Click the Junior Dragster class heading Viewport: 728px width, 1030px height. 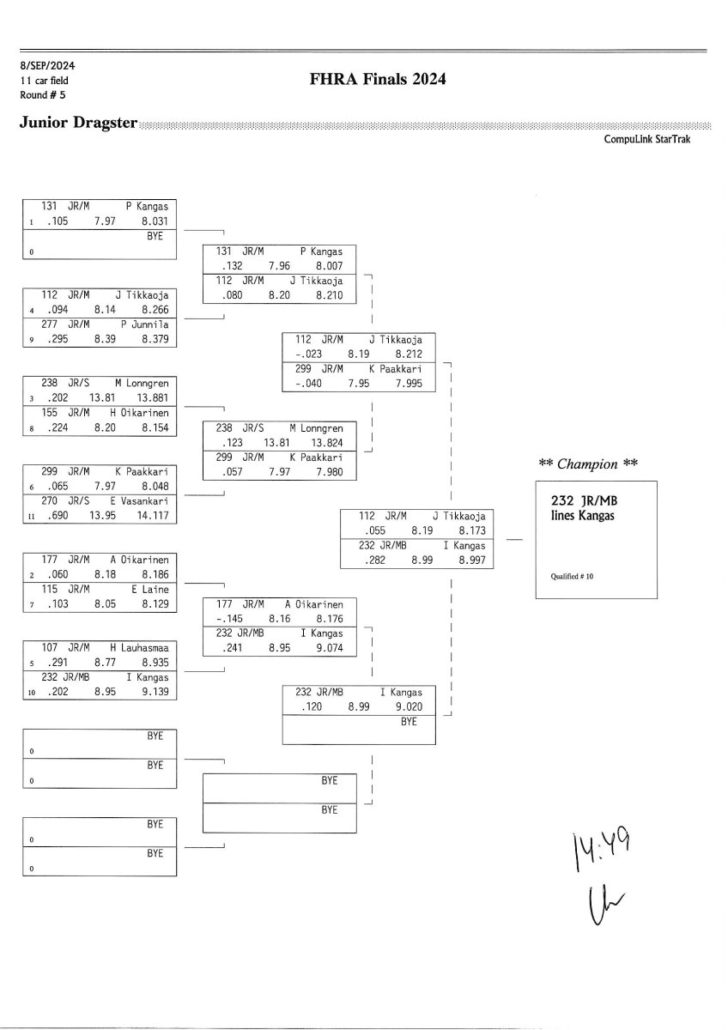pos(78,123)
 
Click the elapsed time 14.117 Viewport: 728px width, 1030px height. pos(155,517)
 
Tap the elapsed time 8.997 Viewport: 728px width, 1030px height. pos(470,560)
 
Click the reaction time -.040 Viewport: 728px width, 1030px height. pos(306,384)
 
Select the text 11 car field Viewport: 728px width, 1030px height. pos(45,80)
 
